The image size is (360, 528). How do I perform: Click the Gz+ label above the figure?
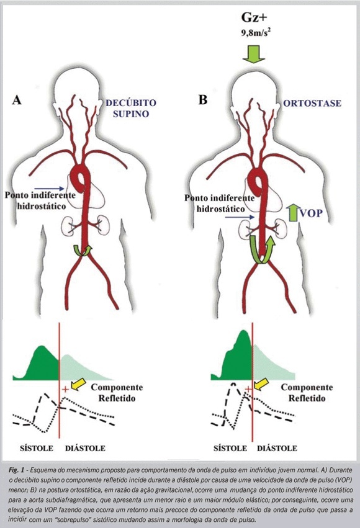coord(254,17)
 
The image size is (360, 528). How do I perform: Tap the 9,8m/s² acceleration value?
coord(255,33)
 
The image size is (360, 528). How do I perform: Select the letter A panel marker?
coord(17,100)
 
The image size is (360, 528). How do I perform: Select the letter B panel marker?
coord(203,100)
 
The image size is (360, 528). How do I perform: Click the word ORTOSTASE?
coord(312,103)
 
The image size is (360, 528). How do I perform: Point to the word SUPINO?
coord(131,114)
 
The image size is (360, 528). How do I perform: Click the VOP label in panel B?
coord(311,213)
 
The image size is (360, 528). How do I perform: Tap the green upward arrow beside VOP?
coord(294,212)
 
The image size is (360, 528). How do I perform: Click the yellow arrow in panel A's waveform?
coord(79,384)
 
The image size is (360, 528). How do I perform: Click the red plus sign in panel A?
coord(65,390)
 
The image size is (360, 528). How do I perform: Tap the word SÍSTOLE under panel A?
coord(37,448)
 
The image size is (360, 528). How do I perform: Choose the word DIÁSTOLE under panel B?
coord(277,448)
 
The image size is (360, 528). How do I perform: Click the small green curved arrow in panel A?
coord(83,251)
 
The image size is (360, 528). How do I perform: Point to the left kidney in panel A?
coord(68,226)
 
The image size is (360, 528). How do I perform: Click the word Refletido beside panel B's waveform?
coord(307,398)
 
